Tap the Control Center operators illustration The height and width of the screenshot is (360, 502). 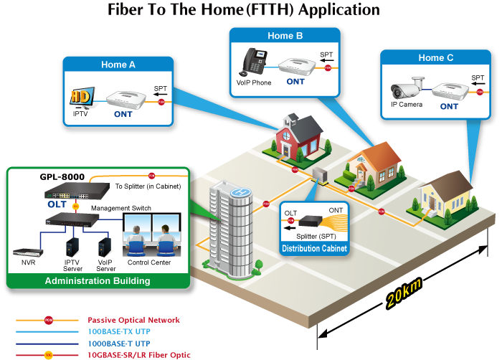pyautogui.click(x=153, y=237)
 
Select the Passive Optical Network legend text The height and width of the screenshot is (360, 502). pyautogui.click(x=133, y=320)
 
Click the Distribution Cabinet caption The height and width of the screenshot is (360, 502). pyautogui.click(x=314, y=249)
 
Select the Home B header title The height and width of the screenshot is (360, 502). pyautogui.click(x=285, y=35)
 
